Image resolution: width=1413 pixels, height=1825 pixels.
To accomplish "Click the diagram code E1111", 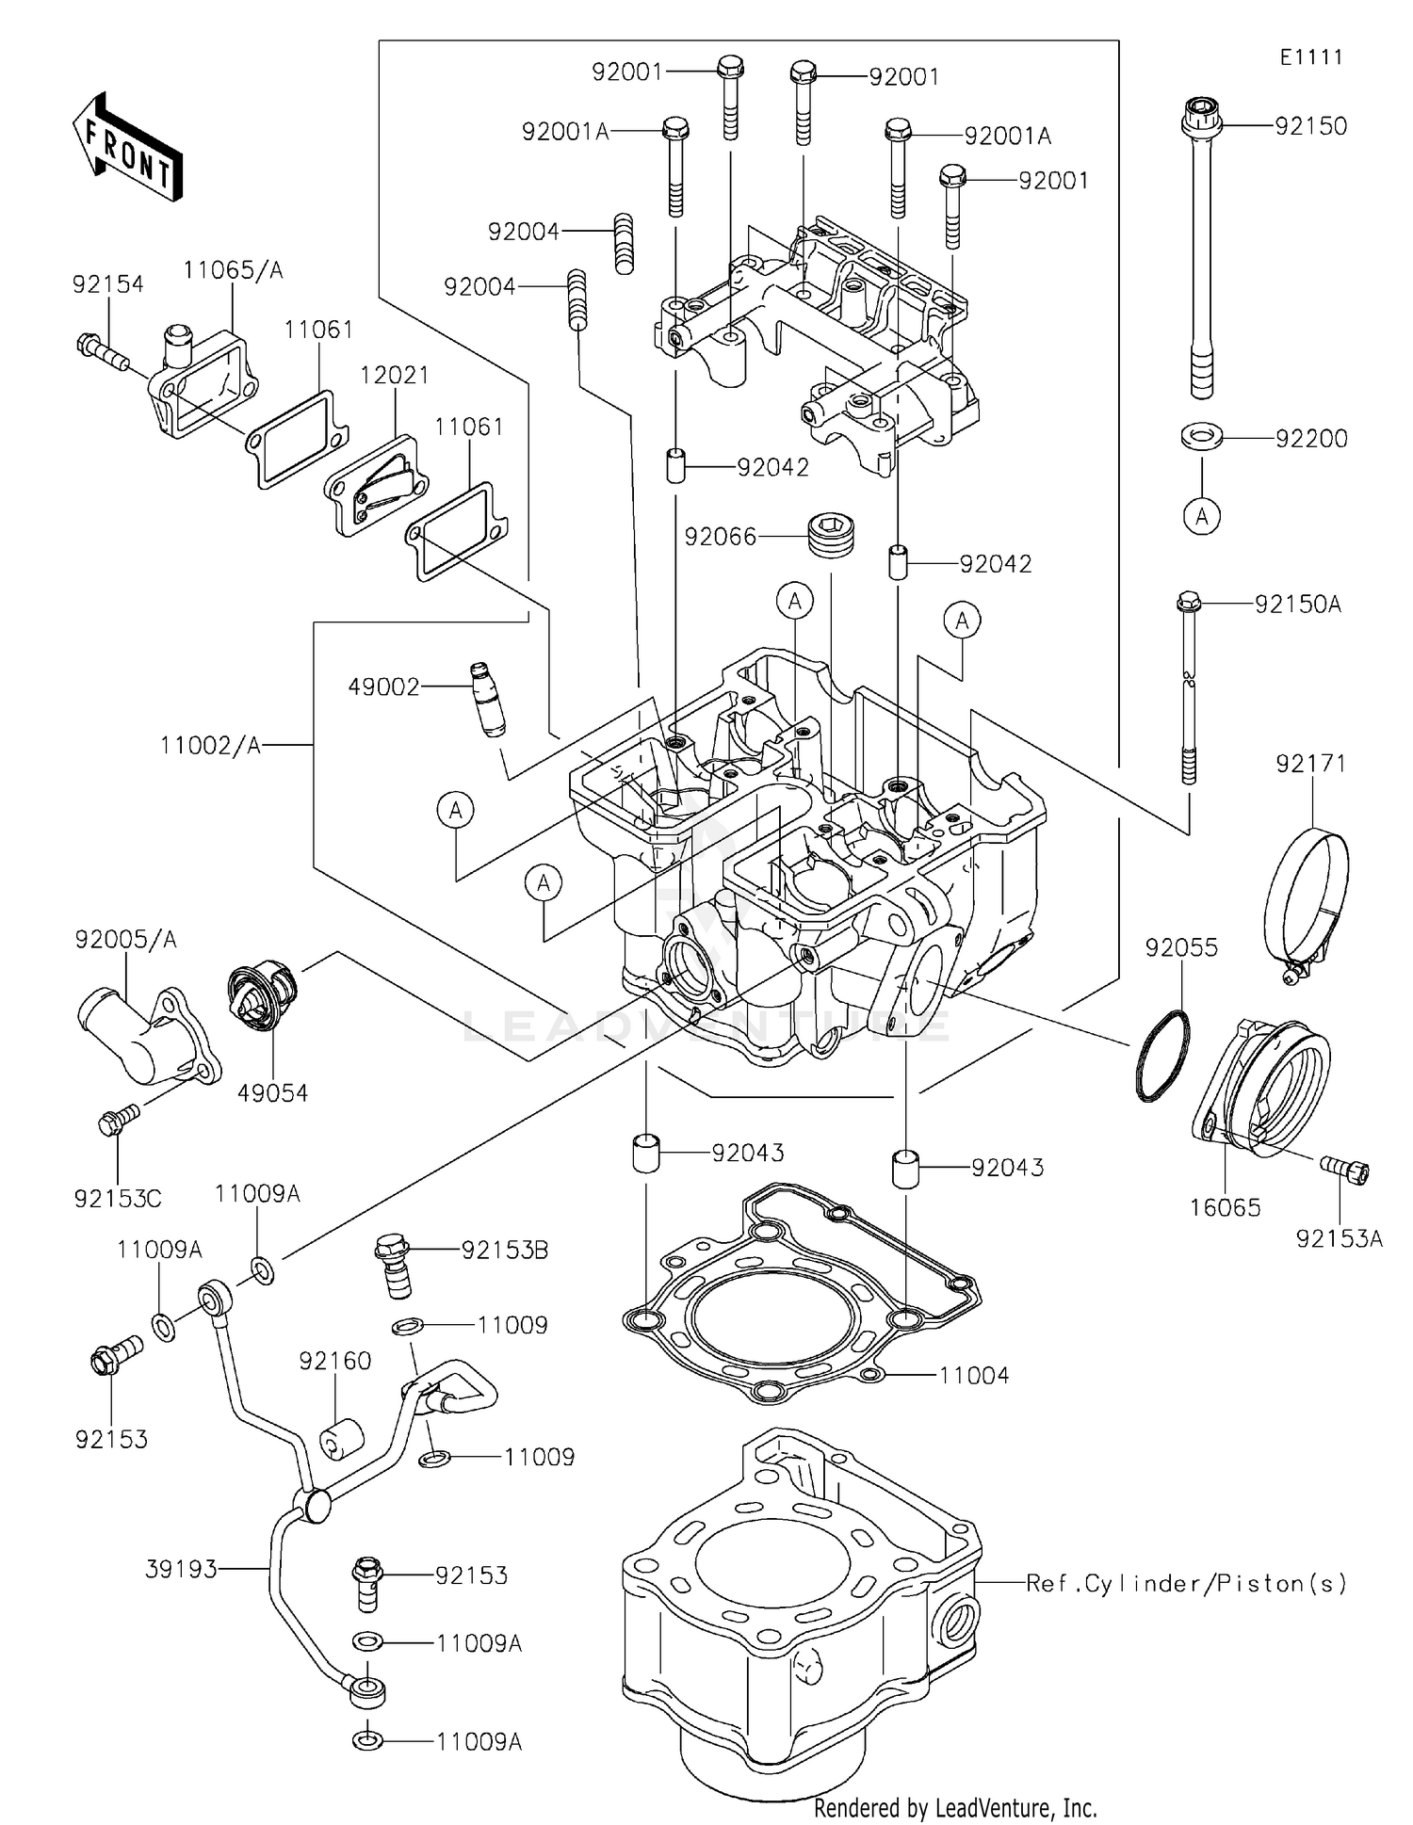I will [1310, 57].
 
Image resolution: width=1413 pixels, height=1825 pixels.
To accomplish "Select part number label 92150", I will [1310, 126].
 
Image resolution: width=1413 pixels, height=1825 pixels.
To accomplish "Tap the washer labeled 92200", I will [1202, 437].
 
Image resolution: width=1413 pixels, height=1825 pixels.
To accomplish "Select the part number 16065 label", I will [1225, 1207].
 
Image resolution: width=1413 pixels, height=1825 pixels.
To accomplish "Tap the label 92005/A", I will [125, 939].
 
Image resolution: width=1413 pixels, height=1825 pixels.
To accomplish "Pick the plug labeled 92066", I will [831, 535].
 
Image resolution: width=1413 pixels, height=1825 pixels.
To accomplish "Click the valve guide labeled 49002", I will [487, 700].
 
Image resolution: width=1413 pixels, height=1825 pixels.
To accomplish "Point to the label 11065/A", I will [233, 270].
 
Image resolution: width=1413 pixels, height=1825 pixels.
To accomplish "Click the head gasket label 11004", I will [973, 1376].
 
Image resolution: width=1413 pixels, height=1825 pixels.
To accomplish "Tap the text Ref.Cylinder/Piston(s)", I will [1186, 1583].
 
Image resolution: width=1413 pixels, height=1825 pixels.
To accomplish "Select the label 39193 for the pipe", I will [181, 1569].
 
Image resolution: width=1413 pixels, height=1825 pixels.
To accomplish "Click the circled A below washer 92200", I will [1202, 516].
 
